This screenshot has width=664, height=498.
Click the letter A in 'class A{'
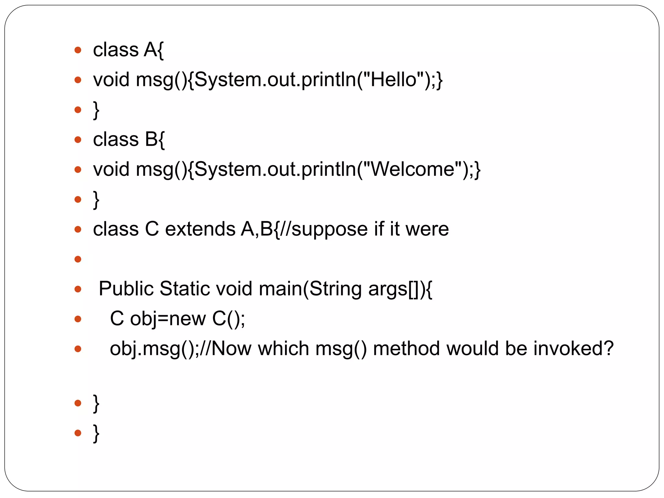pos(151,50)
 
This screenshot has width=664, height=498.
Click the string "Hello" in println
pos(393,80)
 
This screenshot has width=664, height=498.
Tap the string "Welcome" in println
pos(412,169)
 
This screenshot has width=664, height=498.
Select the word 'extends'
pos(200,229)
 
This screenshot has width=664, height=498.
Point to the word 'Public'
pos(125,289)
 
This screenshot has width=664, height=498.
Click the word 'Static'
pos(184,289)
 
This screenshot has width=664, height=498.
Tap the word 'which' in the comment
pos(283,349)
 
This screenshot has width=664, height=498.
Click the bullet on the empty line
pos(77,259)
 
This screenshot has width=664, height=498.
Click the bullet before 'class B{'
pos(77,140)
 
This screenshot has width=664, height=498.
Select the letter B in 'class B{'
pos(151,139)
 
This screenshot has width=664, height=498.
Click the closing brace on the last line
pos(96,433)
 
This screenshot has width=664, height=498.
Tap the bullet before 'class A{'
pos(77,50)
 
